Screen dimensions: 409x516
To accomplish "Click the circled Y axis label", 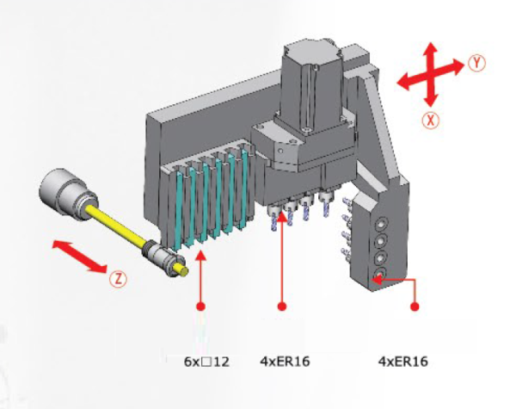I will click(477, 63).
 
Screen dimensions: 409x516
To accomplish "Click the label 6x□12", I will click(206, 362).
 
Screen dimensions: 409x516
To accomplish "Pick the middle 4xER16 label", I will click(285, 362).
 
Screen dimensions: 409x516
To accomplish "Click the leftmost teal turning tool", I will click(181, 211).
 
